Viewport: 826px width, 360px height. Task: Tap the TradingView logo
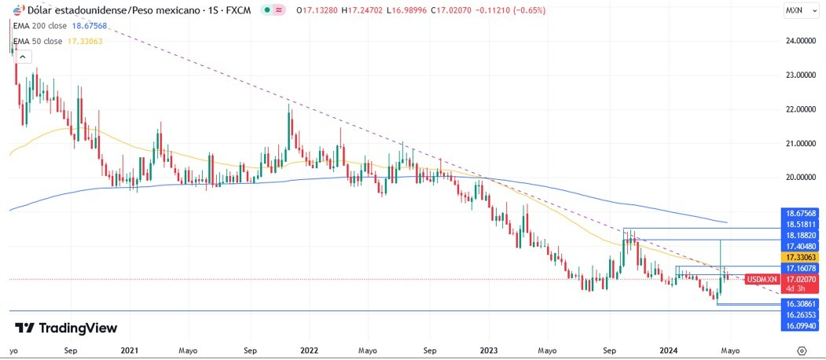pyautogui.click(x=66, y=328)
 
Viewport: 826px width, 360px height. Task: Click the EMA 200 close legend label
pyautogui.click(x=39, y=26)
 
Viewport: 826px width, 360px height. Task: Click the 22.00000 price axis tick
pyautogui.click(x=798, y=109)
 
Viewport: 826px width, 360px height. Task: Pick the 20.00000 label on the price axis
pyautogui.click(x=798, y=178)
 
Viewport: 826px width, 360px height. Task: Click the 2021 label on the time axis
pyautogui.click(x=130, y=350)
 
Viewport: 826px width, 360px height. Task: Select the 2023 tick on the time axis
pyautogui.click(x=489, y=350)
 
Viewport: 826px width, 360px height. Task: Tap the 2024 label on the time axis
pyautogui.click(x=670, y=350)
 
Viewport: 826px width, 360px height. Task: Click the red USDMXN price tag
pyautogui.click(x=762, y=279)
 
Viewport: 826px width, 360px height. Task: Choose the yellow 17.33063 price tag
pyautogui.click(x=800, y=257)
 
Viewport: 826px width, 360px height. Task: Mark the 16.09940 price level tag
pyautogui.click(x=800, y=325)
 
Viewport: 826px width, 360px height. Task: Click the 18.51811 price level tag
pyautogui.click(x=800, y=224)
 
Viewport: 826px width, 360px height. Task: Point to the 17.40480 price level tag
pyautogui.click(x=800, y=246)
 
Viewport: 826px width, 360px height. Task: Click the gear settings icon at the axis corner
pyautogui.click(x=801, y=351)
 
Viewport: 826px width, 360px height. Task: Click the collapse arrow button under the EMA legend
pyautogui.click(x=23, y=57)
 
